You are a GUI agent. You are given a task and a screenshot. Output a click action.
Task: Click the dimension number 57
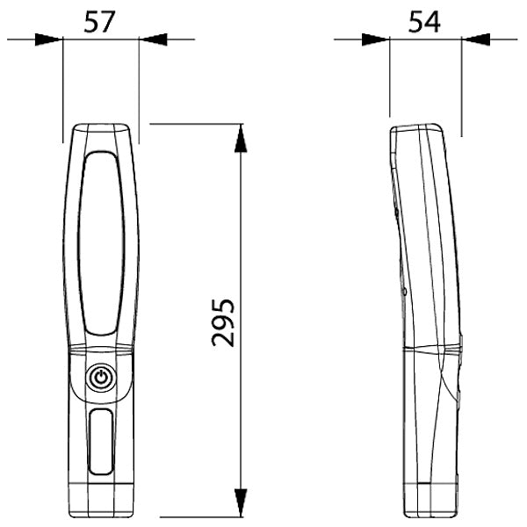point(101,21)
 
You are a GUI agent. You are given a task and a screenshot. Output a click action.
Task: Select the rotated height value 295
point(223,322)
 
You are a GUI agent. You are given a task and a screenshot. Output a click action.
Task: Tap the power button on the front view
point(102,379)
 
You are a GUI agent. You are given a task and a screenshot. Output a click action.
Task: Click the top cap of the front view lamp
point(102,133)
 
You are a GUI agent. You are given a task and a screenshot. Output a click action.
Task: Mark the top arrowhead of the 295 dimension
point(240,137)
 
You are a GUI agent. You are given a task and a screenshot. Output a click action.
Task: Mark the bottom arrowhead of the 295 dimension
point(240,503)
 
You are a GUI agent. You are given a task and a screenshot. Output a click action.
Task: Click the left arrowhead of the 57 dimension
point(50,39)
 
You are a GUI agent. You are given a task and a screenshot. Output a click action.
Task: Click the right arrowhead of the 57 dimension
point(152,39)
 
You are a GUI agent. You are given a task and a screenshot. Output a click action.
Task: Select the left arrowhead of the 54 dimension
point(376,39)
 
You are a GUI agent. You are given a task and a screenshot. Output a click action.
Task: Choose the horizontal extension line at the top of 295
point(198,124)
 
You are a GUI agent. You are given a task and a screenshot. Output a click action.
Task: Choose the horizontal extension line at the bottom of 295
point(198,516)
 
